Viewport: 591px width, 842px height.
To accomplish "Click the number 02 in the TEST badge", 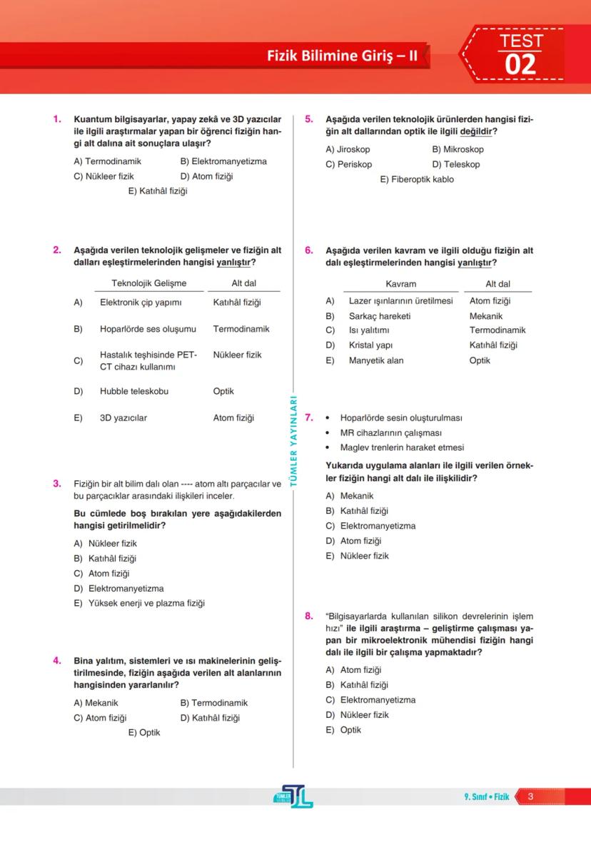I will click(520, 65).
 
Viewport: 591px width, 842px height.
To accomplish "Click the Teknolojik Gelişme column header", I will click(148, 283).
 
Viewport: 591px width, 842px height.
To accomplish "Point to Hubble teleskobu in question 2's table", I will click(134, 391).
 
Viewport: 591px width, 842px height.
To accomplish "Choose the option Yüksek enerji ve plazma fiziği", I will click(146, 603).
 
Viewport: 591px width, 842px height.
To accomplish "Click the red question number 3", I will click(56, 484).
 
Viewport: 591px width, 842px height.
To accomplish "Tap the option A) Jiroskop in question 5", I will click(348, 149).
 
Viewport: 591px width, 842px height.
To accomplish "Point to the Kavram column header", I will click(400, 283).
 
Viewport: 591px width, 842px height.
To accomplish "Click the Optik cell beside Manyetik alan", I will click(480, 360).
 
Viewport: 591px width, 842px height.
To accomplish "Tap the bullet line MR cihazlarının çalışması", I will click(390, 432).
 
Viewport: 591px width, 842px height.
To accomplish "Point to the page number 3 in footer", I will click(530, 796).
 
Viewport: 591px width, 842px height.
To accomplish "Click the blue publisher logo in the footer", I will click(293, 796).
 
